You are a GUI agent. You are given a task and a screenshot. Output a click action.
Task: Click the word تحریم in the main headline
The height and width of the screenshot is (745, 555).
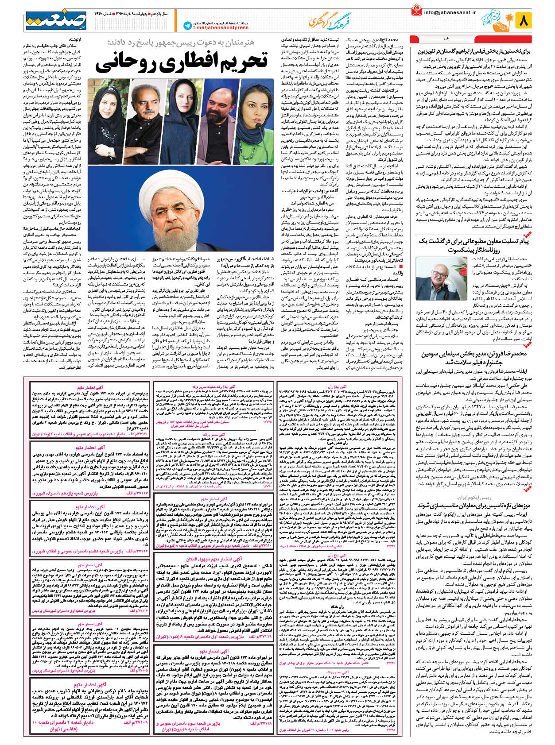click(x=239, y=61)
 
